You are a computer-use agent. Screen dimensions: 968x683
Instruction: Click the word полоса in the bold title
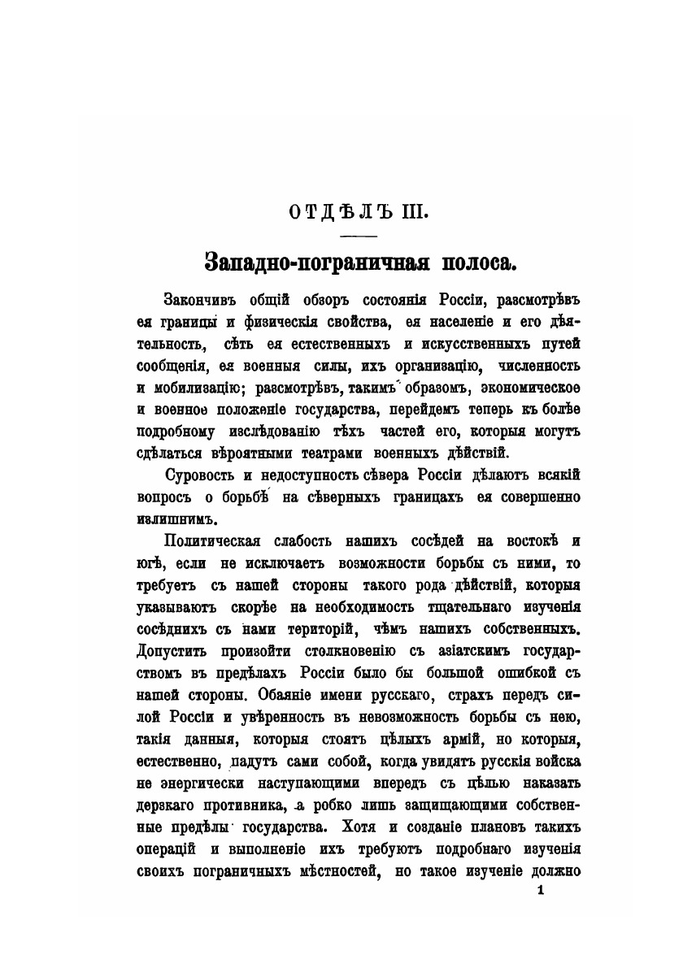tap(474, 263)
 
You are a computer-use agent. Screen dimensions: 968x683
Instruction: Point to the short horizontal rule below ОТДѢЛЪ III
tap(359, 237)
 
